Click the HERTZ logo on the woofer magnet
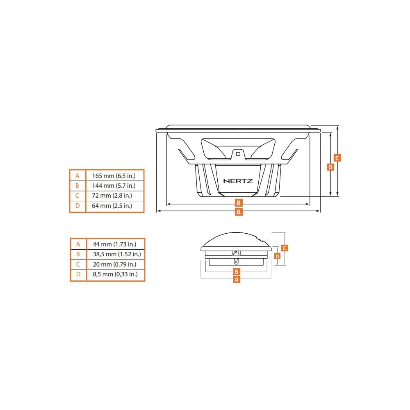(238, 181)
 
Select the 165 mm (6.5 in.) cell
(114, 176)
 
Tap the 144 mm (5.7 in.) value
(114, 186)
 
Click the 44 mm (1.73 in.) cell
(114, 244)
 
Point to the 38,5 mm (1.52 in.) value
(117, 254)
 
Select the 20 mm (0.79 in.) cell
(114, 264)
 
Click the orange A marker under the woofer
(239, 212)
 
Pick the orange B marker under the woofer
(239, 203)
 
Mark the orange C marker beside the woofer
(337, 158)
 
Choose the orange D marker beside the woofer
(330, 167)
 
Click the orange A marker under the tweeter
(237, 280)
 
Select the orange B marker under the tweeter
(237, 272)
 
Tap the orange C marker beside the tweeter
(285, 248)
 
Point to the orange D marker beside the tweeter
(278, 256)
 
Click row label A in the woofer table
(77, 176)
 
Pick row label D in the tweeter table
(78, 274)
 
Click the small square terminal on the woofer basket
(238, 154)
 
